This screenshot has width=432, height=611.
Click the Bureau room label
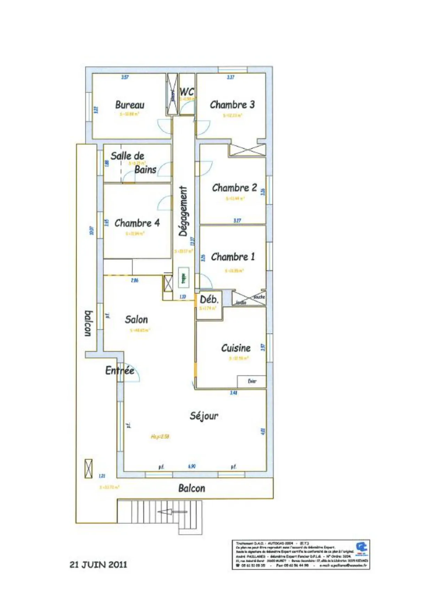[x=129, y=104]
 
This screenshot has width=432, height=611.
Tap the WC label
[x=187, y=92]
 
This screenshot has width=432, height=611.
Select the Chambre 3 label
[x=232, y=104]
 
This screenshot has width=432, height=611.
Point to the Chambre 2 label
[x=234, y=188]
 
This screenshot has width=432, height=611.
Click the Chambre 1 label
[x=233, y=257]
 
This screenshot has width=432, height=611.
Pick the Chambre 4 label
[x=137, y=223]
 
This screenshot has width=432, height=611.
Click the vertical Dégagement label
[x=183, y=211]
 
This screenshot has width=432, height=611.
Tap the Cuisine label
[x=236, y=348]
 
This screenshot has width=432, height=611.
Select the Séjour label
[x=204, y=416]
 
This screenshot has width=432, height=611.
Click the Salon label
[x=136, y=320]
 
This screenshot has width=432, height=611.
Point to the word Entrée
[x=120, y=370]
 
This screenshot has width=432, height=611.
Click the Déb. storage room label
[x=209, y=299]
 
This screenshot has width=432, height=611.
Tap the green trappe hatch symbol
[x=183, y=277]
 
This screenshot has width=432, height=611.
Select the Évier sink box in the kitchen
[x=252, y=381]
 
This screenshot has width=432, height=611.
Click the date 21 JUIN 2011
[x=98, y=565]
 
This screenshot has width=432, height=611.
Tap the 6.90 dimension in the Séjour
[x=191, y=466]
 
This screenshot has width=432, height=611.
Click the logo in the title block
[x=361, y=548]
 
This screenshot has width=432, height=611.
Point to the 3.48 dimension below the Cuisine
[x=234, y=393]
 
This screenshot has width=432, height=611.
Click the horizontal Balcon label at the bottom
[x=191, y=488]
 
